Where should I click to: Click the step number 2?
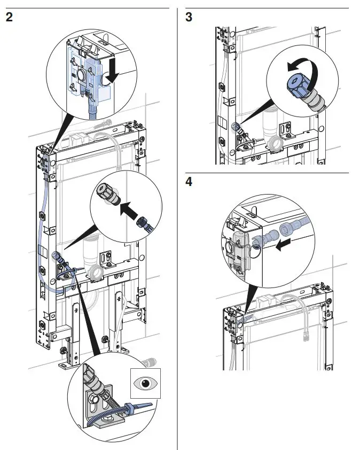pos(9,17)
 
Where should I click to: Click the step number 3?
pos(189,17)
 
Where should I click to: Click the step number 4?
pos(189,182)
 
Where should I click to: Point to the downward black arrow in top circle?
pos(111,73)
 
